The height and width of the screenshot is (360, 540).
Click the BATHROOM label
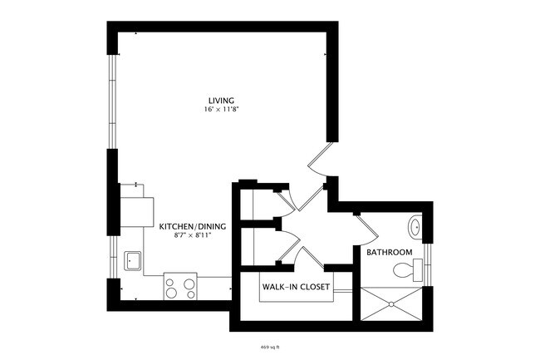pyautogui.click(x=389, y=252)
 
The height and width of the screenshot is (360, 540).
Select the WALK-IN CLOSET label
pyautogui.click(x=296, y=288)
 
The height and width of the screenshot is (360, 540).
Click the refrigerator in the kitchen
pyautogui.click(x=137, y=205)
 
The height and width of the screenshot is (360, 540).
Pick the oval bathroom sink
pyautogui.click(x=415, y=225)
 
